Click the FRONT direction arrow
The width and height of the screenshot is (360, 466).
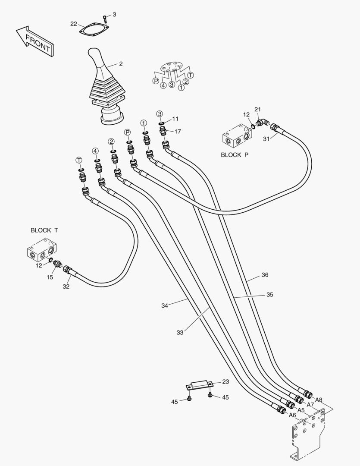[34, 41]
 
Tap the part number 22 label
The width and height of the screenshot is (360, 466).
[74, 24]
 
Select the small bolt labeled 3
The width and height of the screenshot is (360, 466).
[105, 18]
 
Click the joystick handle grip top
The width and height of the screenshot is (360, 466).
[94, 54]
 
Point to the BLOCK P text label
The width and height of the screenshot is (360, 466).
[235, 154]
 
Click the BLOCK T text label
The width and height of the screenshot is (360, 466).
[44, 230]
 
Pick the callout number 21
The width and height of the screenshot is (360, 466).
[258, 110]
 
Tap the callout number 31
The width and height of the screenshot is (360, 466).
[266, 138]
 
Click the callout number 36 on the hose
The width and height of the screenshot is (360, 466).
[265, 275]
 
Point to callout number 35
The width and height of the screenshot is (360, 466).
[269, 295]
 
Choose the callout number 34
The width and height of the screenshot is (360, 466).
[165, 305]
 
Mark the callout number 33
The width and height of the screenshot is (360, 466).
[180, 333]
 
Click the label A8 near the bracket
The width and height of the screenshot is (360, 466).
[319, 400]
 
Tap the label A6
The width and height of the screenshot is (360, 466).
[292, 415]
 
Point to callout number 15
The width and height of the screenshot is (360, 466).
[50, 277]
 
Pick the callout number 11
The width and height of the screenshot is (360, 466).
[175, 118]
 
